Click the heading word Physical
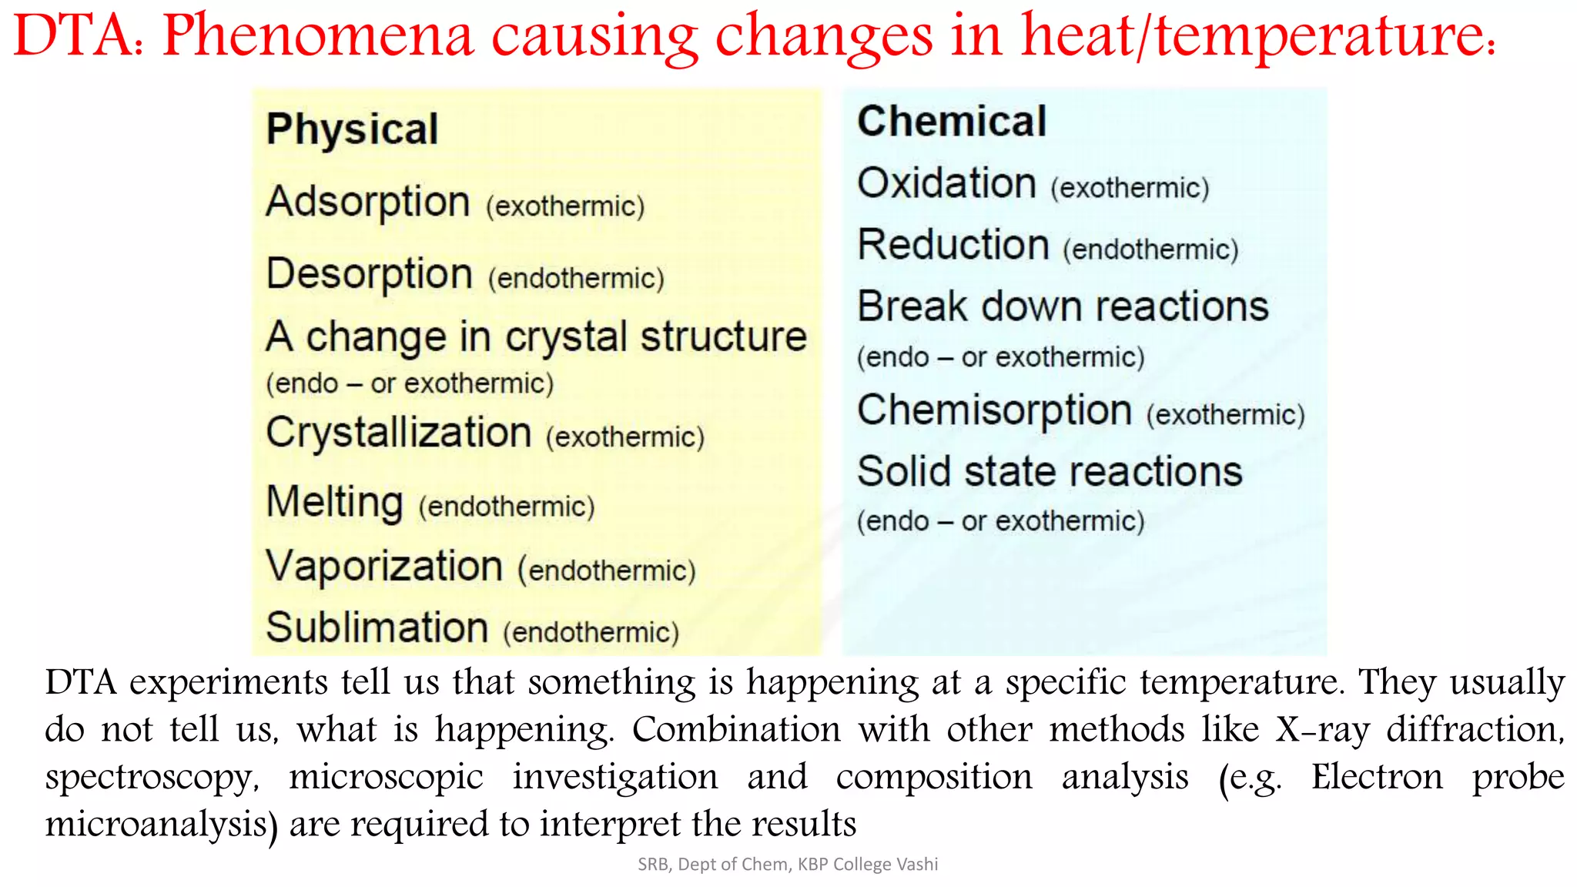[x=352, y=129]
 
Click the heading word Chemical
[x=952, y=122]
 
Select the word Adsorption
[x=368, y=203]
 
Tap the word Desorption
[x=369, y=274]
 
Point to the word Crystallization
[x=399, y=433]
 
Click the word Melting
[x=334, y=503]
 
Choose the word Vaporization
[x=384, y=567]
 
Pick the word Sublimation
[x=377, y=628]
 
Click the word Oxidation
[x=946, y=184]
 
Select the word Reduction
[x=953, y=246]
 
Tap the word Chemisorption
[x=994, y=410]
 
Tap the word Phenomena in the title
[x=318, y=35]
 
